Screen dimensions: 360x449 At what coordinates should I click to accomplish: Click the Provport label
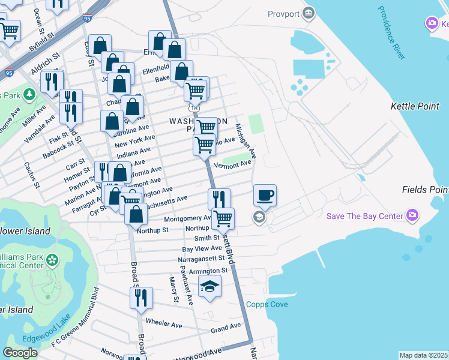coord(283,13)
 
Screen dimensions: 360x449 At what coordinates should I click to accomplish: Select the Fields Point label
coord(425,190)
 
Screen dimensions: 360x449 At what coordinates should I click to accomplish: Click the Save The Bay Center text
coord(364,216)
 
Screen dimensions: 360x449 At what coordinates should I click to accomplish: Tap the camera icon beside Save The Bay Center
coord(412,215)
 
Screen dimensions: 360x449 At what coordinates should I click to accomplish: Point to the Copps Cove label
coord(267,305)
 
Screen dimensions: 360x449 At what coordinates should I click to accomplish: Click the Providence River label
coord(394,30)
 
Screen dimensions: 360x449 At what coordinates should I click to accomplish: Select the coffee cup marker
coord(265,196)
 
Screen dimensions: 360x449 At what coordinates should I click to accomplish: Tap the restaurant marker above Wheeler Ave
coord(141,298)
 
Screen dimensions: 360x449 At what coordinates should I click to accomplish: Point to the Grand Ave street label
coord(225,329)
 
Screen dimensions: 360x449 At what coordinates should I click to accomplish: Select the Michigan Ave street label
coord(246,141)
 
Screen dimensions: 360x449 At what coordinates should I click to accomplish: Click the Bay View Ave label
coord(202,248)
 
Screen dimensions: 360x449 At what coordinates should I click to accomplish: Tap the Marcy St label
coord(174,289)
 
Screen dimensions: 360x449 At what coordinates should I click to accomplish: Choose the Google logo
coord(20,353)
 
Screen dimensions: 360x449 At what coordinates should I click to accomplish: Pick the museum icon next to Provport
coord(309,13)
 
